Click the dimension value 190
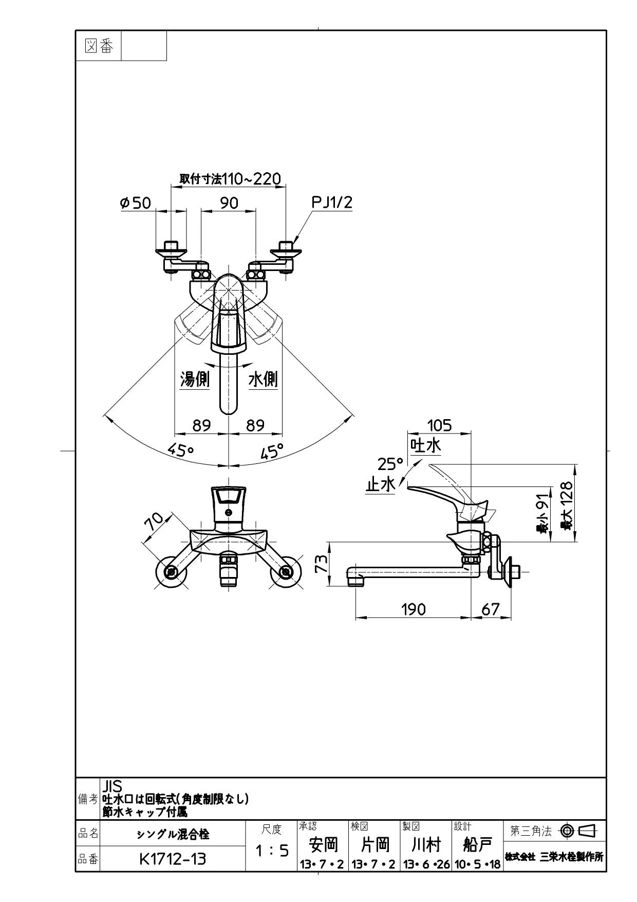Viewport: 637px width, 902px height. click(414, 609)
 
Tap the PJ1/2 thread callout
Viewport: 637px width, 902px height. click(332, 203)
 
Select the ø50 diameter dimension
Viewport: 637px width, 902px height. click(136, 203)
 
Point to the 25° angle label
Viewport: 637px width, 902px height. click(390, 464)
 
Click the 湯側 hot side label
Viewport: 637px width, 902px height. click(195, 380)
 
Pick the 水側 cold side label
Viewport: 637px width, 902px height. click(263, 380)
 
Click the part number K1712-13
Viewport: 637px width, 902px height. click(173, 859)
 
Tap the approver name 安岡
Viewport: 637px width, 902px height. click(323, 845)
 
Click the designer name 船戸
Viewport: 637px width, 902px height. click(477, 845)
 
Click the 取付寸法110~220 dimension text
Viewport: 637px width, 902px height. click(230, 178)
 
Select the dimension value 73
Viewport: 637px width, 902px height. click(321, 563)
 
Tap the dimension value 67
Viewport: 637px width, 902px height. click(491, 609)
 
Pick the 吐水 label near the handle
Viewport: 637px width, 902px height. click(425, 445)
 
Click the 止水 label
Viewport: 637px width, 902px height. click(380, 484)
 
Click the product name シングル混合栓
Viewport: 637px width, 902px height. click(173, 834)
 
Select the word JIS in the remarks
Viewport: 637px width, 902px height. click(113, 786)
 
